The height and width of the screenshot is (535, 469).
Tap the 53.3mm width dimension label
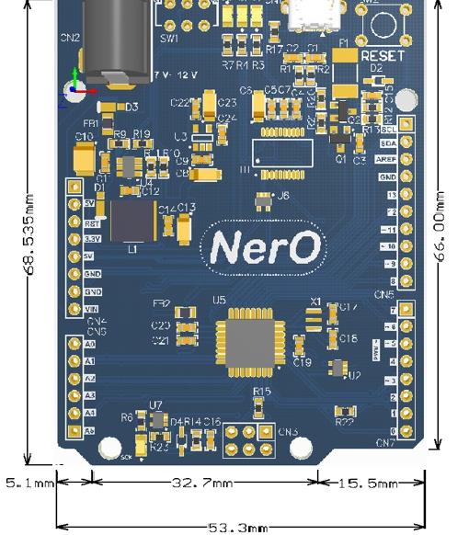238,528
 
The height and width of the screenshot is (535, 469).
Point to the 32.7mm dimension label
204,482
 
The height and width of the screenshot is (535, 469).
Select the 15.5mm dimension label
371,482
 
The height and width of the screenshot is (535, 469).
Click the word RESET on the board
383,56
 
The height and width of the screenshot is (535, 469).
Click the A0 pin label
89,344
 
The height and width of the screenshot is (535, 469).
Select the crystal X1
314,317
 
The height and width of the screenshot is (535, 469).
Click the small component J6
264,196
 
